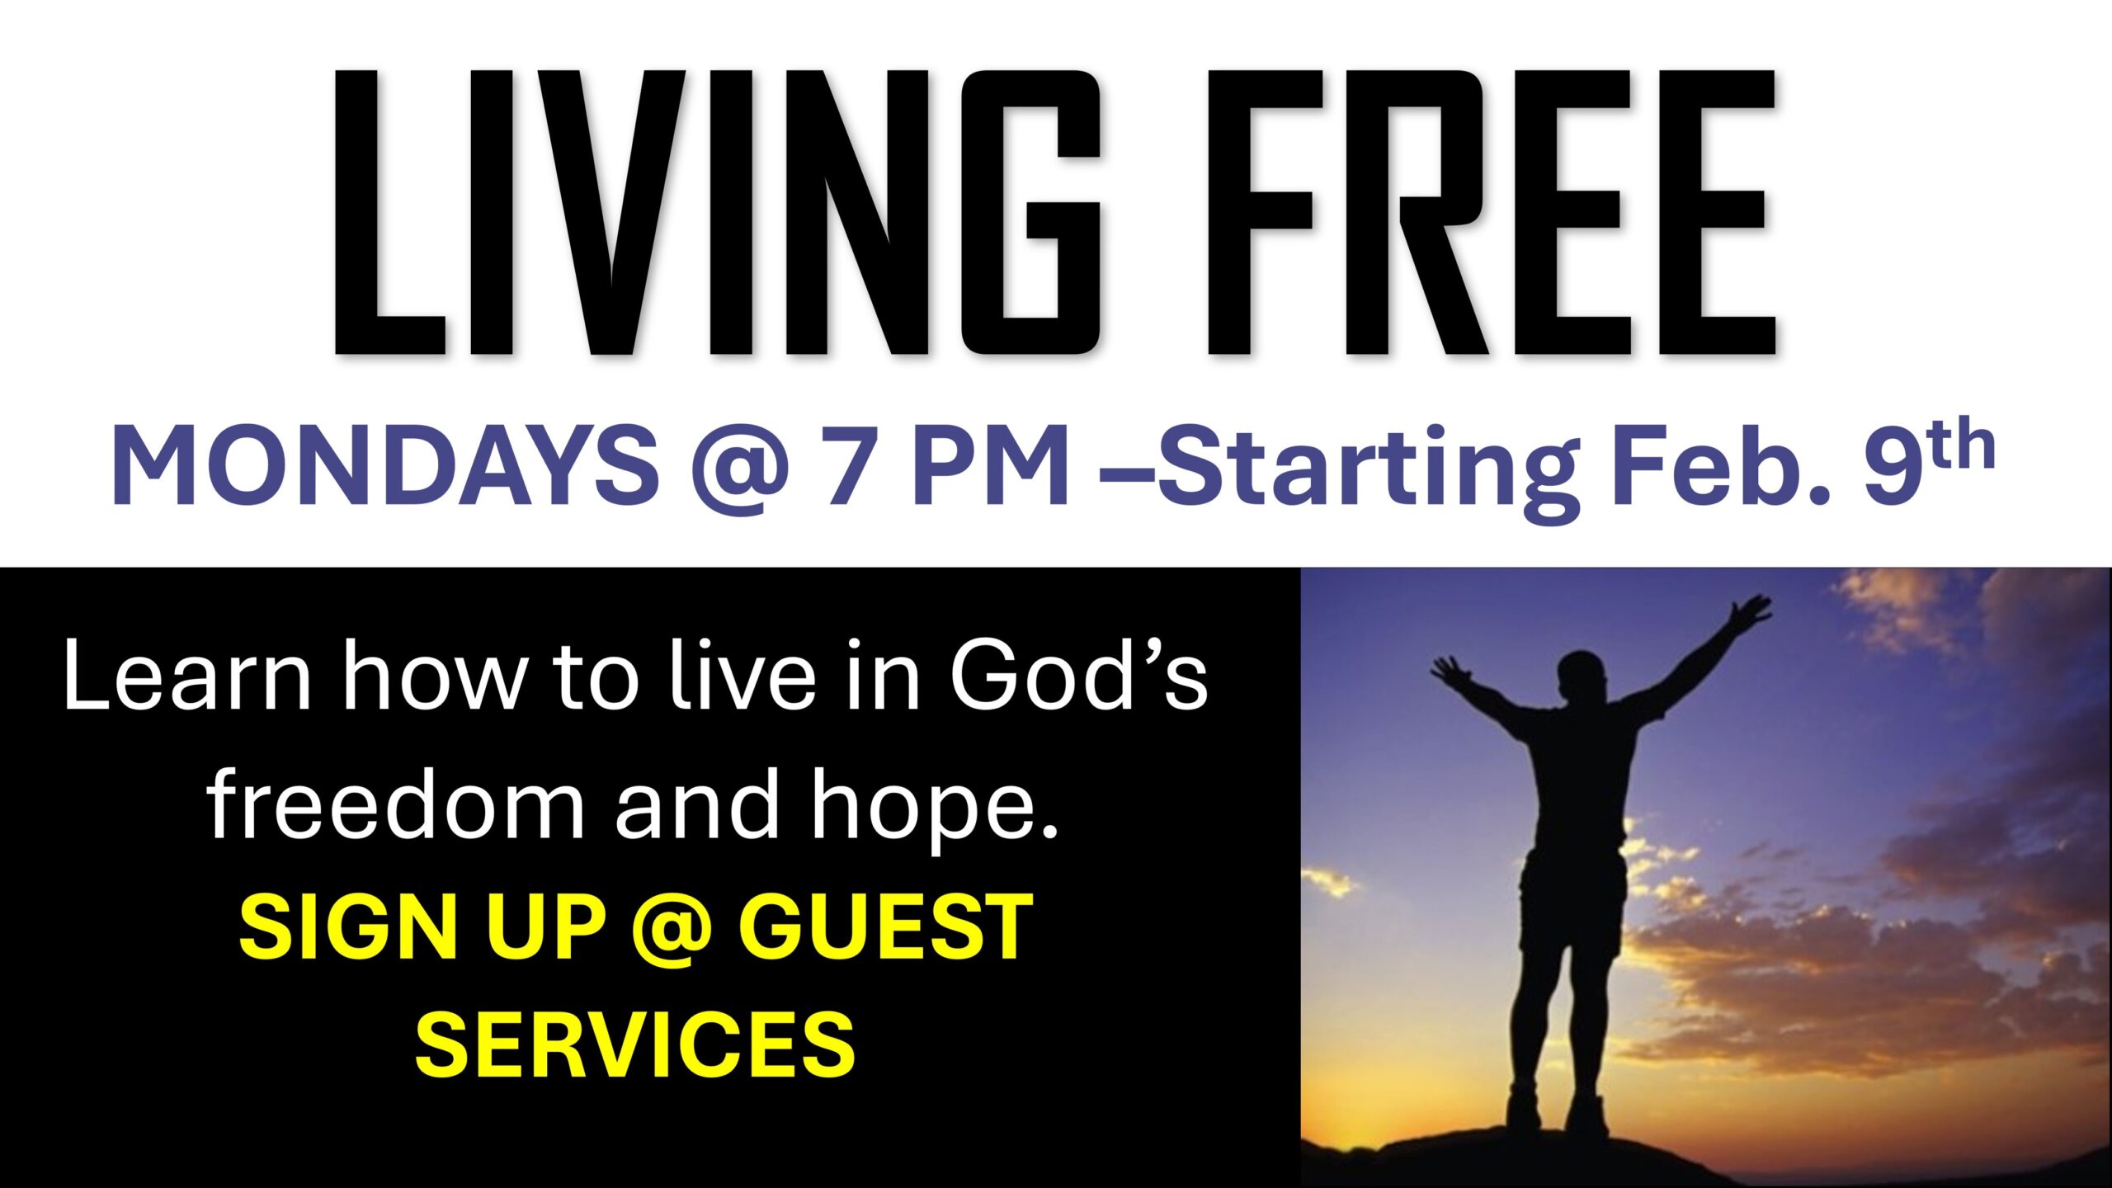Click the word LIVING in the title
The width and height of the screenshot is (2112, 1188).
(x=718, y=213)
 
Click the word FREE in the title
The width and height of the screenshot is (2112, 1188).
(x=1492, y=213)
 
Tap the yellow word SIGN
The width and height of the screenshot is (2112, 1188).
(x=347, y=926)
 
